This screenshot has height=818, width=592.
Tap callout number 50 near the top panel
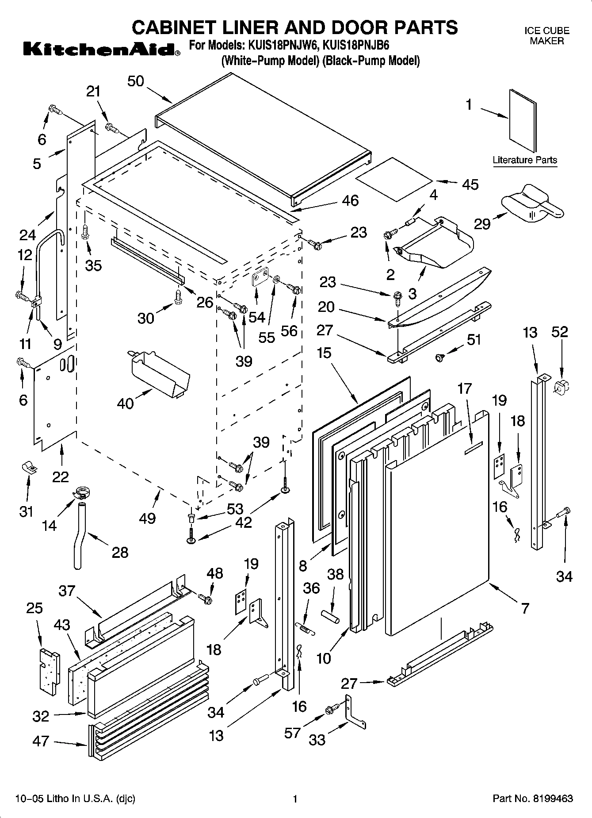coord(136,81)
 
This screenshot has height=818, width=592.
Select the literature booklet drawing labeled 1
coord(522,121)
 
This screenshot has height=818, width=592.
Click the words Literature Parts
coord(525,160)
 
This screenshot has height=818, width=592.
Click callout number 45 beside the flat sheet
coord(470,184)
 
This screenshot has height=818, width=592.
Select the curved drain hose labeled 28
coord(79,535)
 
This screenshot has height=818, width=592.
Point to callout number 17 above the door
coord(464,388)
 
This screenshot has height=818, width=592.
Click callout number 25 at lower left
coord(34,608)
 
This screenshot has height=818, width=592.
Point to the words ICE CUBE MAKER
coord(546,36)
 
